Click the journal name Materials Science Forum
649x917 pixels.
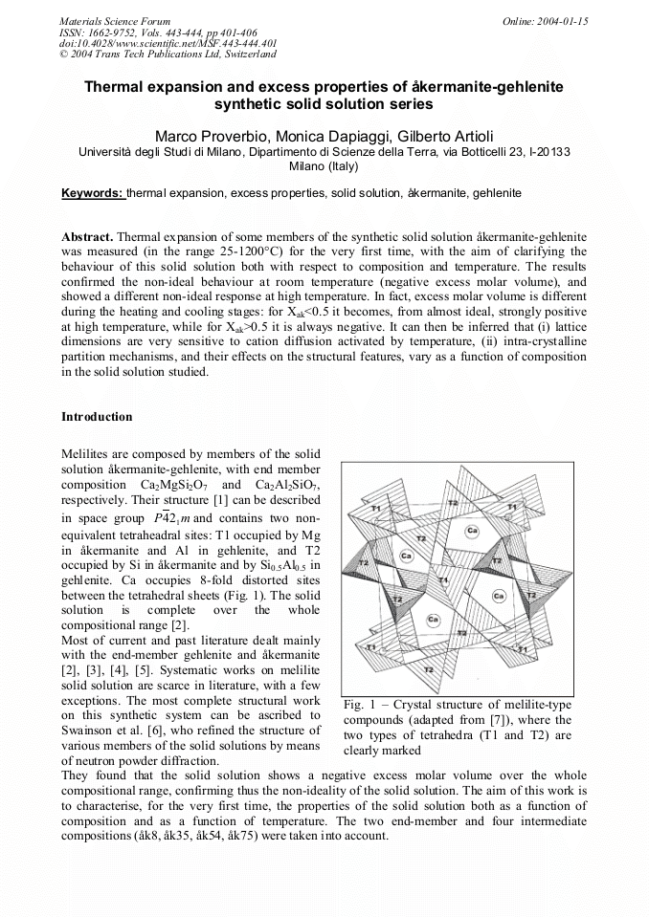(115, 20)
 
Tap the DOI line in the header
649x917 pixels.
(168, 43)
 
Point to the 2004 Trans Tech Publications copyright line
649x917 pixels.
(168, 55)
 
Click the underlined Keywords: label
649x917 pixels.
(93, 193)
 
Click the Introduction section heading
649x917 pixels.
(97, 417)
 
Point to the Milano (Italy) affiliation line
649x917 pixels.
(324, 166)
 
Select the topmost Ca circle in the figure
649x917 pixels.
(472, 530)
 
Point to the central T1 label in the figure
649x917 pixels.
(443, 580)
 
